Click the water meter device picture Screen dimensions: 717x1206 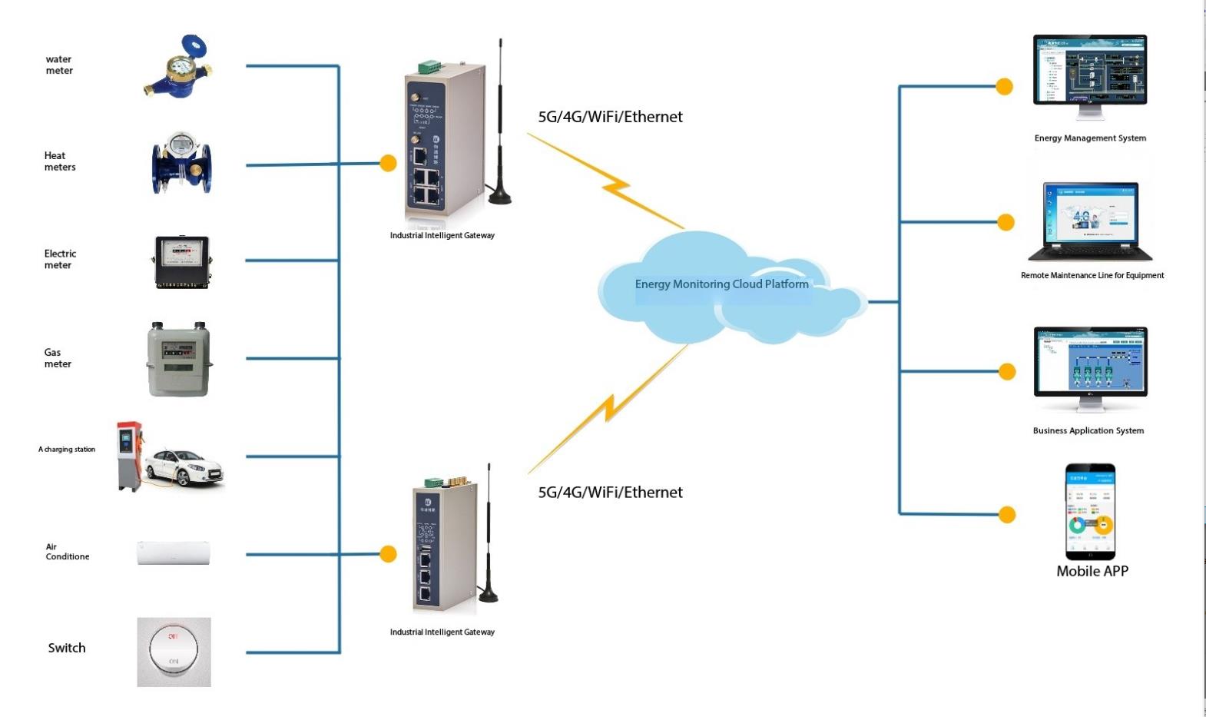coord(178,68)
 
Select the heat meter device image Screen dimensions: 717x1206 coord(181,163)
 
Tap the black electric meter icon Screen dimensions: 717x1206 coord(182,261)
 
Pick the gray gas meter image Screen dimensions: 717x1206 coord(179,359)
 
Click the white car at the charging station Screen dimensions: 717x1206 coord(184,465)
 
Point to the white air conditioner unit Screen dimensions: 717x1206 coord(173,553)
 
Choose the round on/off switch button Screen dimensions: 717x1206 coord(174,649)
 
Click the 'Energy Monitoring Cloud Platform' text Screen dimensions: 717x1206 coord(721,284)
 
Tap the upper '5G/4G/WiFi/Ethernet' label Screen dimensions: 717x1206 coord(610,117)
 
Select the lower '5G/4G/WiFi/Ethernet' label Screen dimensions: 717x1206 coord(610,493)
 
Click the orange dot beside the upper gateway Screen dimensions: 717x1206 coord(389,163)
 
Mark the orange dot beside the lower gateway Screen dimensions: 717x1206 coord(389,554)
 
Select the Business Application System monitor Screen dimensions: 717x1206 coord(1090,363)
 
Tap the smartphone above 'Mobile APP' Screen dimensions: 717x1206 coord(1090,511)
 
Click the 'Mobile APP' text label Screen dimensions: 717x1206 coord(1092,571)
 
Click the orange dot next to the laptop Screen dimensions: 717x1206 coord(1006,222)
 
